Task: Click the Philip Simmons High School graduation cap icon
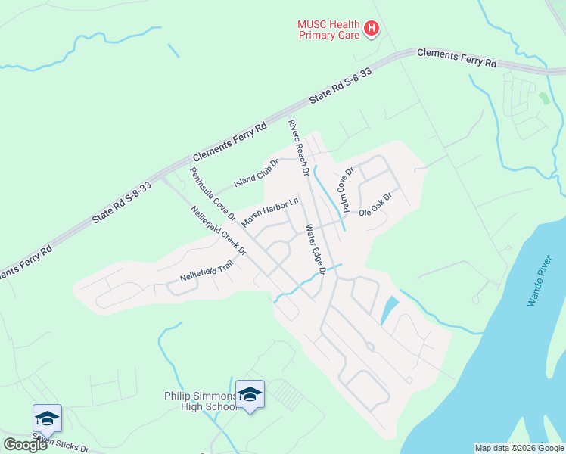pos(250,393)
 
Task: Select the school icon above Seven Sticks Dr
pos(47,418)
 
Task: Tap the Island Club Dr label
pos(256,173)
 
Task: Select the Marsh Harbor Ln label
pos(270,213)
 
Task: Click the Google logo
pos(26,444)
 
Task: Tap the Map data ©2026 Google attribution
pos(518,448)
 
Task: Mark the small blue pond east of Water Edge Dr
pos(389,310)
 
